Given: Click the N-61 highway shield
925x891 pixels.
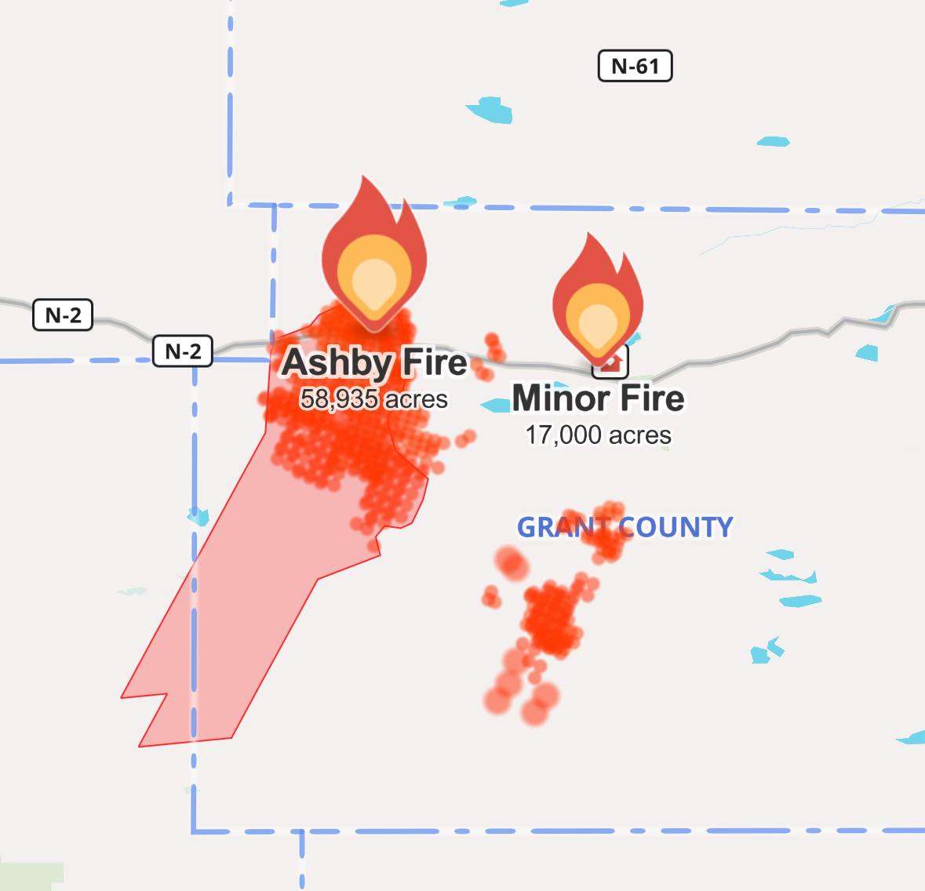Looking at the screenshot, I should [x=635, y=66].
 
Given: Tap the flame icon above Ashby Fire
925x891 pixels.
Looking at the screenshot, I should [x=374, y=251].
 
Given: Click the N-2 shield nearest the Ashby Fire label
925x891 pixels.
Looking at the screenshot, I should [x=182, y=351].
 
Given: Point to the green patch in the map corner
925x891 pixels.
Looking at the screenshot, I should [x=31, y=877].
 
